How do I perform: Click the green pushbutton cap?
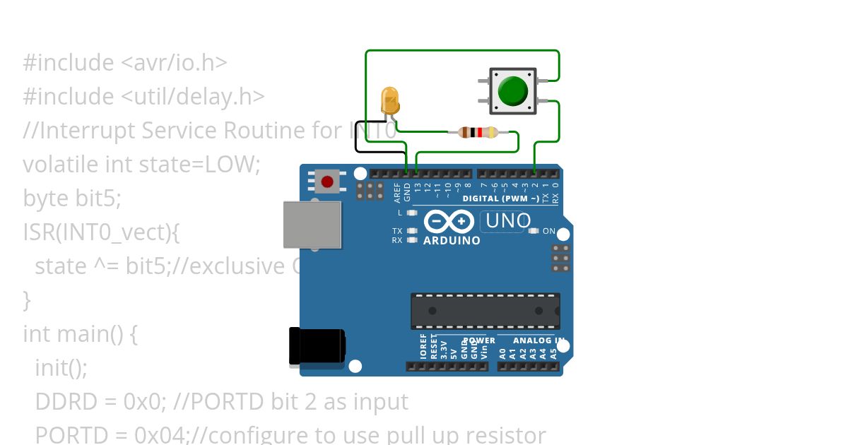tap(512, 91)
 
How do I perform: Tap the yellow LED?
tap(389, 100)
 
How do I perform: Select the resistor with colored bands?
tap(478, 131)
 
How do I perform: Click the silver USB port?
tap(312, 225)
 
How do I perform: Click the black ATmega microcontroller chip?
tap(485, 311)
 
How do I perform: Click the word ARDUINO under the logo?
tap(452, 241)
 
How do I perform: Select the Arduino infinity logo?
tap(449, 222)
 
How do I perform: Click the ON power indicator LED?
tap(534, 231)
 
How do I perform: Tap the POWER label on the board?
tap(479, 340)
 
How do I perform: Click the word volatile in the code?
tap(61, 165)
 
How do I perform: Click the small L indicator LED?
tap(412, 213)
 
